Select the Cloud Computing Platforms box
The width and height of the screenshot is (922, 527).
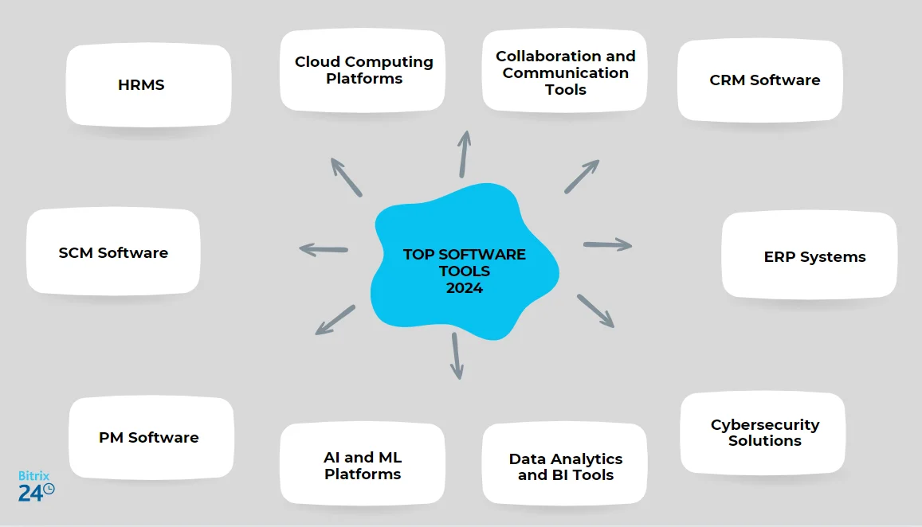[363, 70]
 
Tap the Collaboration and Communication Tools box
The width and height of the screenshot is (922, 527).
[565, 72]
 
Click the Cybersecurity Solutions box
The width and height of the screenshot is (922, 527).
[763, 432]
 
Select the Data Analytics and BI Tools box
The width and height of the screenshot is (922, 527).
[565, 466]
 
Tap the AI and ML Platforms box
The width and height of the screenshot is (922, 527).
[363, 466]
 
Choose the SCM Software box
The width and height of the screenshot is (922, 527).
[113, 252]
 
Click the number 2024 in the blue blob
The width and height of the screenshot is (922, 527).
[464, 288]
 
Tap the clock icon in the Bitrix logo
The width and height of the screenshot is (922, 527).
[49, 489]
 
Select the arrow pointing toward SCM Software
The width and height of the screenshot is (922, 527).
[324, 249]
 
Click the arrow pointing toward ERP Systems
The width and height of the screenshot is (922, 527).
[607, 244]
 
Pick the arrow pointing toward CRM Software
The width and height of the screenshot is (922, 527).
[582, 176]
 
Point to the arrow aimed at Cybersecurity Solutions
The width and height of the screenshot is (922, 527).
[595, 310]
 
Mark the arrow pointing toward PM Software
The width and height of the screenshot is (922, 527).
[335, 319]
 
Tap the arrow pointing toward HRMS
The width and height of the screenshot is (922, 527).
[346, 176]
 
